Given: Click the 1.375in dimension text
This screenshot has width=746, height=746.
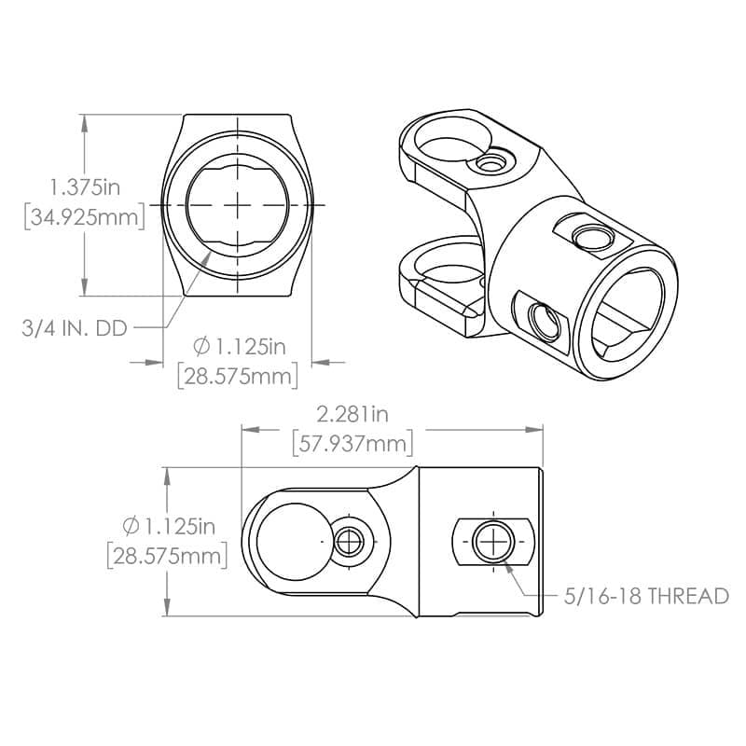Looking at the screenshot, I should pos(86,186).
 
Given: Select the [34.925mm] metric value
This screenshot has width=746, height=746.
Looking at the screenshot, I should pos(84,217).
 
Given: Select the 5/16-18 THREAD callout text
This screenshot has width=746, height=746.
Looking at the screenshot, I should pos(646,596).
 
